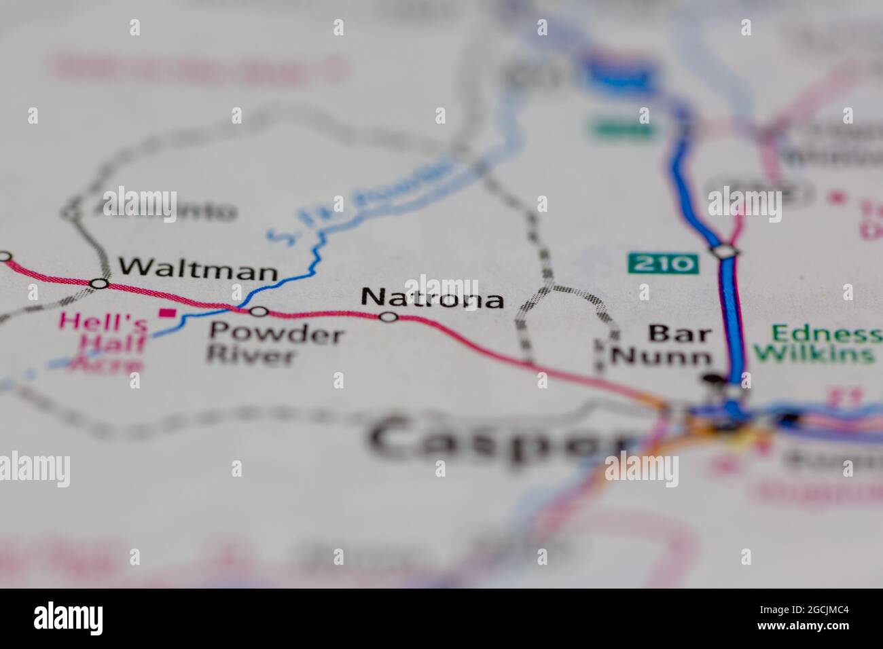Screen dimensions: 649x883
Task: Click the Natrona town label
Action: point(432,298)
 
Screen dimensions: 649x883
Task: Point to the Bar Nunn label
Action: point(662,344)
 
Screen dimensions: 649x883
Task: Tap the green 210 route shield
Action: point(663,263)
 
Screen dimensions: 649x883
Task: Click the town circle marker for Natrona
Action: point(389,317)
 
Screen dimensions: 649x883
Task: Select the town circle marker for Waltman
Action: point(100,283)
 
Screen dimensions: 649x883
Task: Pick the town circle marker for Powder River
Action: point(259,312)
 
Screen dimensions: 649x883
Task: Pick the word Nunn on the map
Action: point(662,356)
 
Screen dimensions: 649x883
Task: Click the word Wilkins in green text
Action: point(814,354)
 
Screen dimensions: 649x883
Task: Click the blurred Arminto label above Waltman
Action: point(170,211)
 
